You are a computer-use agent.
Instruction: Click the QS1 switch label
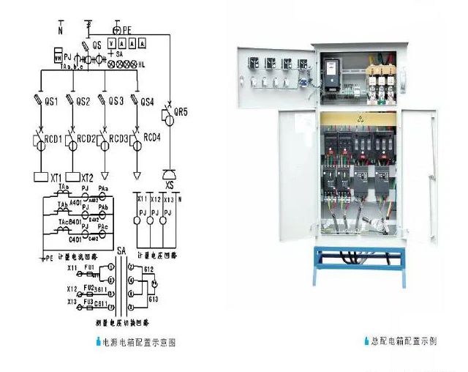click(52, 101)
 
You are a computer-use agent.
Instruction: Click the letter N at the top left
click(61, 31)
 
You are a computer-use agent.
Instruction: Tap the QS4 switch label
click(148, 101)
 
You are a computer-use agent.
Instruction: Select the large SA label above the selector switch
click(121, 251)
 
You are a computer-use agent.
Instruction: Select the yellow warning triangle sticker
click(359, 116)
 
